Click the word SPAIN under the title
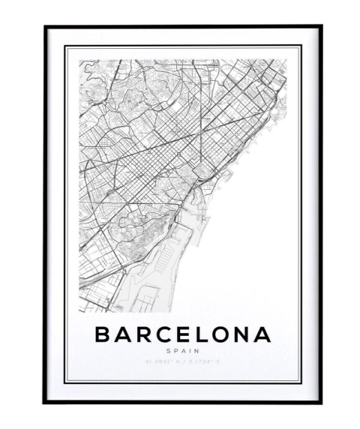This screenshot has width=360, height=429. click(183, 350)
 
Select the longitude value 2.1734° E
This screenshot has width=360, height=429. click(200, 362)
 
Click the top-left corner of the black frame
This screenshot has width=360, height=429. click(45, 27)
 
